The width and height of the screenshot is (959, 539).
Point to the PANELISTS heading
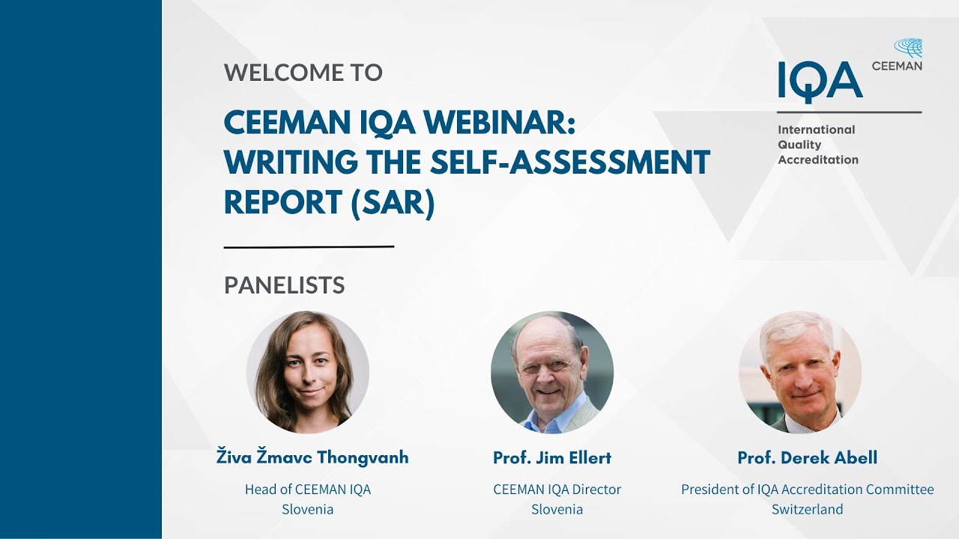click(285, 285)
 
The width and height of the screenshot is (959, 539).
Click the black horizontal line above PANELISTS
click(309, 246)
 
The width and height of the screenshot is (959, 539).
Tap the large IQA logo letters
click(820, 81)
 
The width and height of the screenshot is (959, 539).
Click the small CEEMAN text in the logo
click(897, 66)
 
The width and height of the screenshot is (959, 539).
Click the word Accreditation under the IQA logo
click(818, 159)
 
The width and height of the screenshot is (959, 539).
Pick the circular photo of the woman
click(308, 372)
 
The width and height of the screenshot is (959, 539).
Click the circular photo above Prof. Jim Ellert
click(552, 372)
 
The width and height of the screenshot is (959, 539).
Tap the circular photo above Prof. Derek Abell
click(800, 372)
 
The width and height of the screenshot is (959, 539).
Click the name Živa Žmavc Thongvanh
click(312, 457)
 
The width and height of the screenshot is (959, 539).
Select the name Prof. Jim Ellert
click(552, 457)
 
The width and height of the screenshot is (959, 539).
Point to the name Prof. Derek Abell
click(807, 457)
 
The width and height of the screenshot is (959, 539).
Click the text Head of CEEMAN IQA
click(308, 490)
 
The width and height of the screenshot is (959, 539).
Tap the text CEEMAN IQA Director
click(557, 490)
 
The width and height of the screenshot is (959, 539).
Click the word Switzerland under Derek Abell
click(807, 509)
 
